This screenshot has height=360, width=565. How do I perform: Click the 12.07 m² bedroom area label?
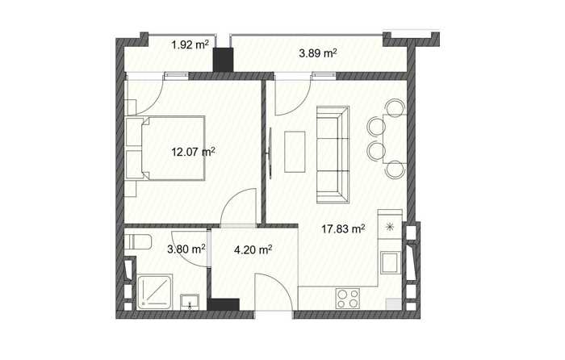click(193, 152)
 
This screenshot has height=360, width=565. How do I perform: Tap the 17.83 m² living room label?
click(343, 228)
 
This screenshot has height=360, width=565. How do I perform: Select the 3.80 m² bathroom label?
click(186, 249)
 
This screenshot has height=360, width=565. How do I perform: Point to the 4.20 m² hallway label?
click(253, 249)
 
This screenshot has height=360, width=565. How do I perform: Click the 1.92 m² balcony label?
click(190, 45)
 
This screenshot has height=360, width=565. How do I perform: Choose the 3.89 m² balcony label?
click(318, 53)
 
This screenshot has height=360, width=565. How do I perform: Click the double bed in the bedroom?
click(165, 148)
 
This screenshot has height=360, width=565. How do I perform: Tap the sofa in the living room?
click(333, 155)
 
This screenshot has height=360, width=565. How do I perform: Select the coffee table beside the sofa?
click(295, 152)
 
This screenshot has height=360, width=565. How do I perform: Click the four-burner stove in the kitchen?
click(348, 299)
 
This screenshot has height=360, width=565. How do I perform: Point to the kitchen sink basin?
click(391, 263)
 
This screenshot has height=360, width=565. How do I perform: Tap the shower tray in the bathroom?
click(155, 293)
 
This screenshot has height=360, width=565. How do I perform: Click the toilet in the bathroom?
click(138, 241)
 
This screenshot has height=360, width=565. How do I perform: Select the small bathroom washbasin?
click(190, 302)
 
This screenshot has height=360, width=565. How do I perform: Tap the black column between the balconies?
click(223, 60)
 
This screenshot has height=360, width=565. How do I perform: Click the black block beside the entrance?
click(224, 304)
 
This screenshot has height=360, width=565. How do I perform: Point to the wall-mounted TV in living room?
click(270, 153)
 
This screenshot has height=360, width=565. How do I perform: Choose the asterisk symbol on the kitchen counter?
click(390, 227)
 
